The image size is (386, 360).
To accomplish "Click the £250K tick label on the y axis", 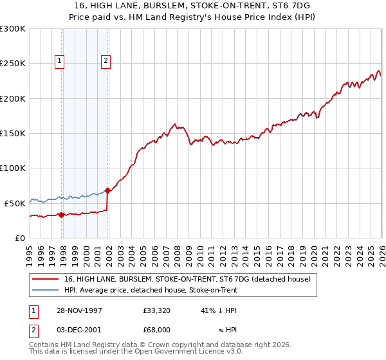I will point(13,64).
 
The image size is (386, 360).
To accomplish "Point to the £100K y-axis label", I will point(13,168).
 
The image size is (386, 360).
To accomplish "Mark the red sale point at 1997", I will point(62,215).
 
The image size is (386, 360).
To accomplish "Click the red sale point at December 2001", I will point(107,190).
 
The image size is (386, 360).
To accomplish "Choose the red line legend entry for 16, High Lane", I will point(188,279).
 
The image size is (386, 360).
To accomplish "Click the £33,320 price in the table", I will point(156,310).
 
